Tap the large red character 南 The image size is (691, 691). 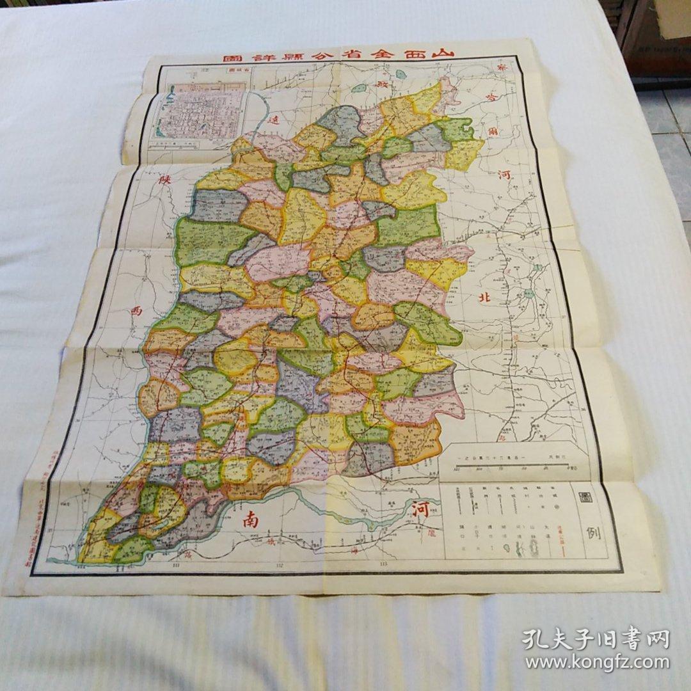250,520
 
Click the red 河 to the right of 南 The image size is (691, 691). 420,511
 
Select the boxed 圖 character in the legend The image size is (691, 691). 584,498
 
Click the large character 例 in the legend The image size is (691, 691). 593,533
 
